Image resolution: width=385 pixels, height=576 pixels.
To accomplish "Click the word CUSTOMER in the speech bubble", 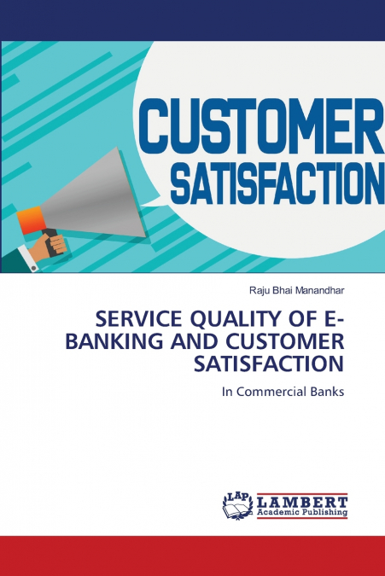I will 261,125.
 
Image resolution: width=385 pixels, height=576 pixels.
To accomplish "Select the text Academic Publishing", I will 300,514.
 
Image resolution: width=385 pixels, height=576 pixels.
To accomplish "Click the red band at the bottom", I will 192,556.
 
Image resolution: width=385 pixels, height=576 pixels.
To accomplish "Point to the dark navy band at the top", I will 192,20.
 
